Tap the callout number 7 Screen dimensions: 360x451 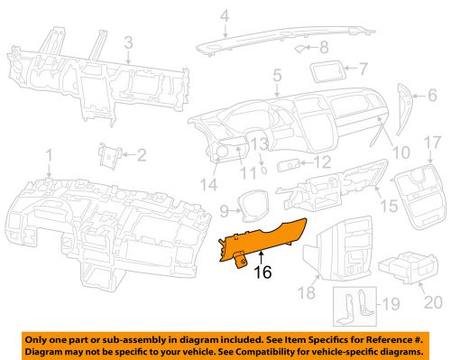[363, 69]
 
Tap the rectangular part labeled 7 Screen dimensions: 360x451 [327, 71]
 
